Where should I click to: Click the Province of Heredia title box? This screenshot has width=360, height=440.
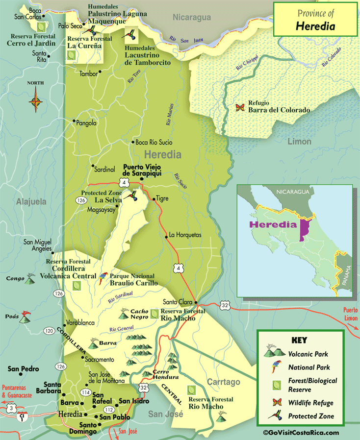coord(315,20)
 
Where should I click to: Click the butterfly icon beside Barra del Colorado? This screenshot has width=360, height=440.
coord(240,107)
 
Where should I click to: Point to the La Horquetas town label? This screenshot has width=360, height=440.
coord(185,235)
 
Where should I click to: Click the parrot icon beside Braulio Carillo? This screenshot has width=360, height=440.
coord(103,279)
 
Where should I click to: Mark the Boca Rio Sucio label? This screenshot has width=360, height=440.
coord(154,143)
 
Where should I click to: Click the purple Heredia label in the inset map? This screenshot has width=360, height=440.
coord(273,225)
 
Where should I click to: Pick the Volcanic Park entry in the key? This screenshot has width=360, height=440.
coord(308,354)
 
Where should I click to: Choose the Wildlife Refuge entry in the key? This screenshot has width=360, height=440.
coord(310,403)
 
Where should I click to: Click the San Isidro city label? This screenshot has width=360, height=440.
coord(134,401)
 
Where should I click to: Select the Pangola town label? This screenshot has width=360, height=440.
coord(86,123)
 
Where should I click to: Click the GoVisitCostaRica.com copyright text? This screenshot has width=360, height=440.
coord(301,433)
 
